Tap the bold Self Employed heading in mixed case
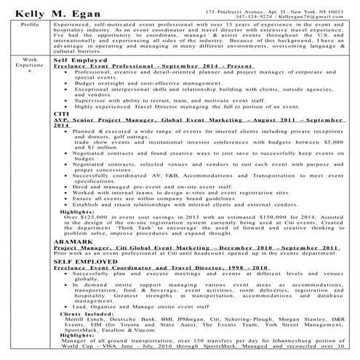coord(76,60)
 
